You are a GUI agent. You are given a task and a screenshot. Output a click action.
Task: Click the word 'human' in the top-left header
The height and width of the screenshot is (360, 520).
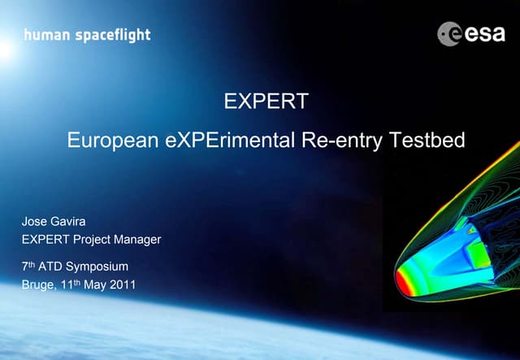click(41, 35)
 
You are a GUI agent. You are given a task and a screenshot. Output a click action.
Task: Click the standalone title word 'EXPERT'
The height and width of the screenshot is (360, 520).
click(266, 102)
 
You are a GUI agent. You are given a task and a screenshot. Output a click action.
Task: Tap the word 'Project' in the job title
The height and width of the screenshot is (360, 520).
click(91, 239)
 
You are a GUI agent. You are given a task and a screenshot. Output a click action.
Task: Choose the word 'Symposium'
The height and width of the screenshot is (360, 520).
click(96, 267)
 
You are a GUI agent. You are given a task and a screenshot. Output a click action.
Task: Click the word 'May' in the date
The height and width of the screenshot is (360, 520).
click(92, 285)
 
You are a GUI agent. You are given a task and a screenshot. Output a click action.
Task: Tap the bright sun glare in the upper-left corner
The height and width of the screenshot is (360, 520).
click(6, 49)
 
